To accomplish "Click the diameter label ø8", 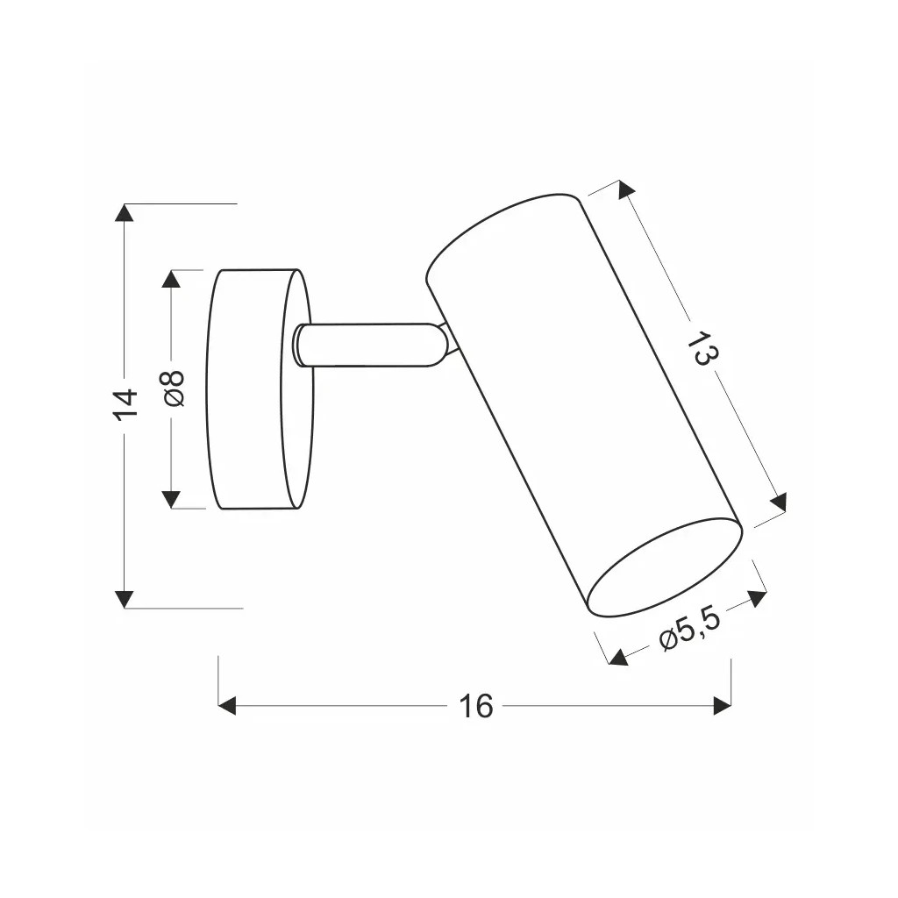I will [174, 388].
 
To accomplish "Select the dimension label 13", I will [702, 348].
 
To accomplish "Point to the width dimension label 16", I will [476, 706].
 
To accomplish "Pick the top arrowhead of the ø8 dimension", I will [172, 279].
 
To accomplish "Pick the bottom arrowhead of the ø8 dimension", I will [172, 499].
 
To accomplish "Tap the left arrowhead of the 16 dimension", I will [227, 705].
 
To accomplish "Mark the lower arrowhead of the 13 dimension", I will [778, 501].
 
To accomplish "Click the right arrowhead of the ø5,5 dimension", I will [756, 599].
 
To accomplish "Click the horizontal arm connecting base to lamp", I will [368, 344].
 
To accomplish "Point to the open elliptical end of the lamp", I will [664, 566].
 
